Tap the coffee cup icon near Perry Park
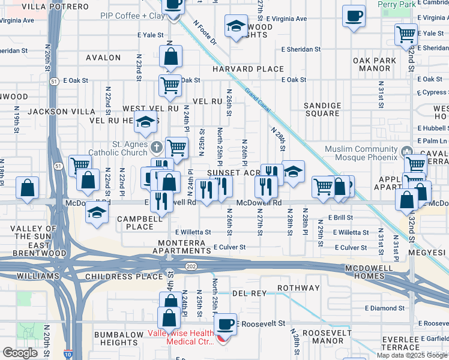click(354, 16)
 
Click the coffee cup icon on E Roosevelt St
click(225, 325)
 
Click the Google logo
click(20, 353)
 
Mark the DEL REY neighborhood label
click(249, 293)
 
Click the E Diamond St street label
click(384, 308)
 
